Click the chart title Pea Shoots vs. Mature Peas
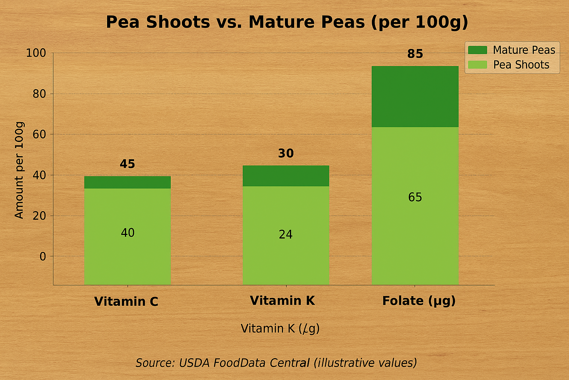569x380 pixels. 287,22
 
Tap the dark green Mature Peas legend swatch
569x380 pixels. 477,50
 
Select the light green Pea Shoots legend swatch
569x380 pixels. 477,65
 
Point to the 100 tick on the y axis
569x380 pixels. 36,53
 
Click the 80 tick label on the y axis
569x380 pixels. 39,94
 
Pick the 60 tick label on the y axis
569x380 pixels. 39,134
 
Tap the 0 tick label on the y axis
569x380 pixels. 43,256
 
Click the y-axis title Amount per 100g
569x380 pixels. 19,170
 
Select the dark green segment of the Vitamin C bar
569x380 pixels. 127,182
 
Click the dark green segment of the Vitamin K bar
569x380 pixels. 286,176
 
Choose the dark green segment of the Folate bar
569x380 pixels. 415,96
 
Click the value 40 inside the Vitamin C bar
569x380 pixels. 127,233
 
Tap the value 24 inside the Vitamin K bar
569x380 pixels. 286,235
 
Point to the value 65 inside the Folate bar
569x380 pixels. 415,197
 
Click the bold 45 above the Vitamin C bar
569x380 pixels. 127,164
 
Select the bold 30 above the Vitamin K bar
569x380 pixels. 286,153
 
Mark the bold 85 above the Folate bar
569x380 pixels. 415,54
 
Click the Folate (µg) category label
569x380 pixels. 419,301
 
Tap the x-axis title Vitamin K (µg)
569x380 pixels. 280,328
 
